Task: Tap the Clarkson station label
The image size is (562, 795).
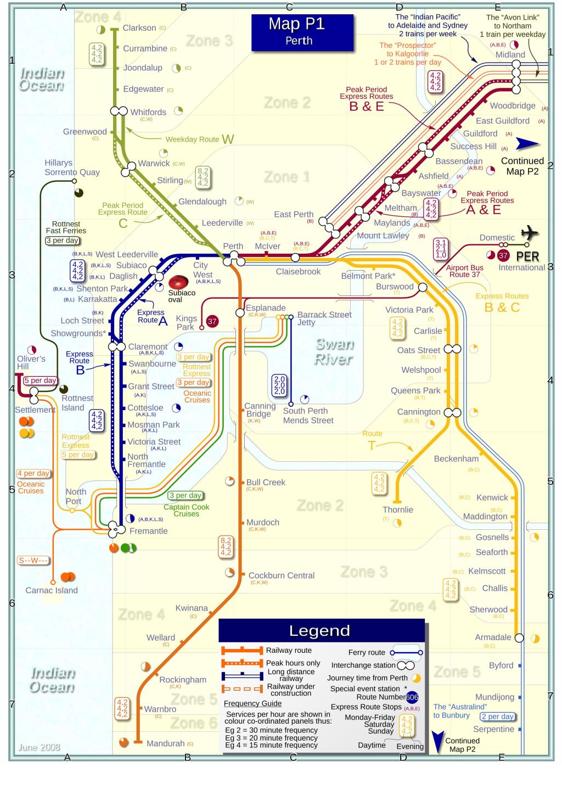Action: point(139,28)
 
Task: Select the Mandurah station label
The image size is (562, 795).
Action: point(165,743)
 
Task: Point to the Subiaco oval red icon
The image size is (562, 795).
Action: point(178,282)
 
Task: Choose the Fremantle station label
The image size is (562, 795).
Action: point(148,531)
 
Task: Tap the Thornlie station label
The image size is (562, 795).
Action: point(398,510)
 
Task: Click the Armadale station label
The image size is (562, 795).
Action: point(493,637)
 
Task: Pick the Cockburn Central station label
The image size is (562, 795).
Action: point(281,575)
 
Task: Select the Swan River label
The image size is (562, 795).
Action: point(334,351)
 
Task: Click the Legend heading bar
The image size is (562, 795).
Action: point(321,631)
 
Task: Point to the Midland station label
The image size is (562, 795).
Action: point(510,55)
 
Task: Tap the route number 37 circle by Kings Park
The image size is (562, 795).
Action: point(211,322)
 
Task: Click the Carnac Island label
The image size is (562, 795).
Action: point(52,590)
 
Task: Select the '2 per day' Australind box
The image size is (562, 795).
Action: point(497,716)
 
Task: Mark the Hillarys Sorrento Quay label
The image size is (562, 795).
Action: point(72,167)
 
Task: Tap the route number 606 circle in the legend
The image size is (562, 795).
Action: point(412,697)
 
